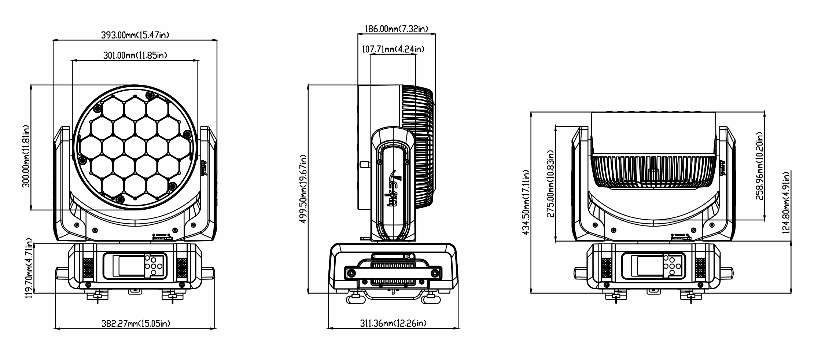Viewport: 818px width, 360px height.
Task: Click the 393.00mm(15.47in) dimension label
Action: pyautogui.click(x=135, y=35)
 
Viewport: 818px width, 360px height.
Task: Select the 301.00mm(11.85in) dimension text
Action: pyautogui.click(x=135, y=55)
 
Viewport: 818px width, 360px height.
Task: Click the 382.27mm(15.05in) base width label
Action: pyautogui.click(x=136, y=323)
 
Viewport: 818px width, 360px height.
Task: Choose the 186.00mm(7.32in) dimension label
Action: pyautogui.click(x=397, y=29)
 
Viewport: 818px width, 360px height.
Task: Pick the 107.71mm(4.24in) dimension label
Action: pyautogui.click(x=393, y=49)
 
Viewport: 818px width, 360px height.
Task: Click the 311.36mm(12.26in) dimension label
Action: pyautogui.click(x=393, y=323)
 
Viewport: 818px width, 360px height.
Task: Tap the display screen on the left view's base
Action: pyautogui.click(x=130, y=266)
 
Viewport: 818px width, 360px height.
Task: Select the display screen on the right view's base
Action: pyautogui.click(x=649, y=266)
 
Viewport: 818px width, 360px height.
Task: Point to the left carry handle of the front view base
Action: pyautogui.click(x=62, y=273)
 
